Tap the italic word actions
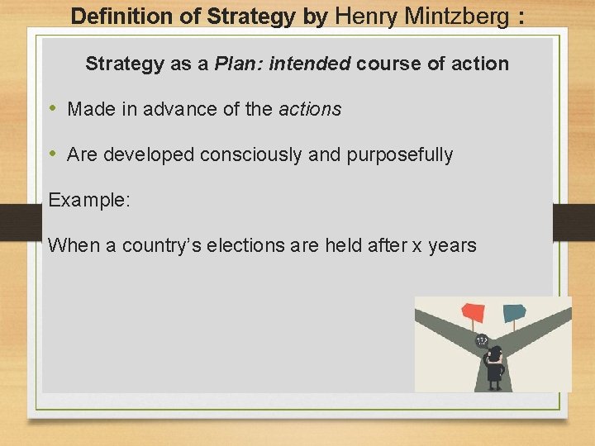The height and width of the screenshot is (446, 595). click(310, 109)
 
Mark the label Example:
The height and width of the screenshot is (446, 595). click(89, 200)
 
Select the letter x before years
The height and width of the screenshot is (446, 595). click(417, 245)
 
